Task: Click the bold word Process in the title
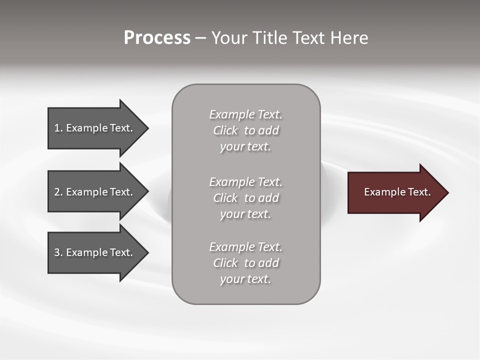click(x=157, y=38)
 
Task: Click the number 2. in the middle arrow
click(x=58, y=192)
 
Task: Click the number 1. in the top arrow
click(x=58, y=128)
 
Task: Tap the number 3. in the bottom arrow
click(x=58, y=252)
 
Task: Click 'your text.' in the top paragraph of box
click(x=245, y=147)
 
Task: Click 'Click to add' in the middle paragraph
click(x=245, y=198)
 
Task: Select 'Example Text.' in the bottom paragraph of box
click(x=245, y=247)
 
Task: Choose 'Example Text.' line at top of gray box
click(x=245, y=114)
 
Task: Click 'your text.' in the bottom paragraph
click(x=245, y=279)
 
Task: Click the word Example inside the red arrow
click(x=380, y=192)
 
